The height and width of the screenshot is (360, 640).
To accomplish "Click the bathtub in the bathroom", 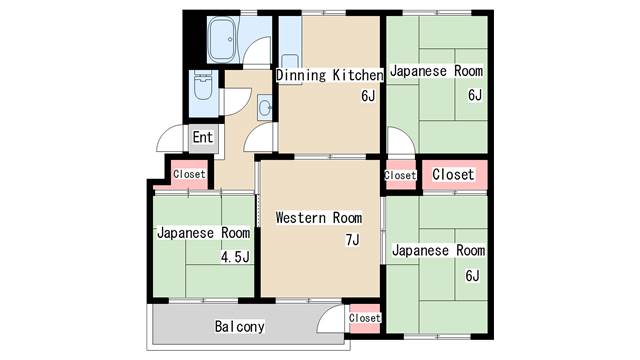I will point(221,39).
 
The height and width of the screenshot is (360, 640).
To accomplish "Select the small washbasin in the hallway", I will point(265,106).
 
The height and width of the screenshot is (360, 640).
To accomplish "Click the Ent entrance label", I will point(202,137).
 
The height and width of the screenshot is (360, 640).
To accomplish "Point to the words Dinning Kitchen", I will point(329,75).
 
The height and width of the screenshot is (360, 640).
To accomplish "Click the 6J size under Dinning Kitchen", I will point(367,97).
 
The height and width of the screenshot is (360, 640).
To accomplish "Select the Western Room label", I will point(318,217).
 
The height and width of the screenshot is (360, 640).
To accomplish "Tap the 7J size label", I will point(351,239).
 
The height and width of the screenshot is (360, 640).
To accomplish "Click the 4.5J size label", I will point(235,257).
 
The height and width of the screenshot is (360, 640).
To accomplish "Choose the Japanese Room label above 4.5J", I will point(203,233).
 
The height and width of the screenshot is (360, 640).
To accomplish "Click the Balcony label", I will point(239,327).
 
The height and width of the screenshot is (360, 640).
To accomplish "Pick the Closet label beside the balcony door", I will point(365,318).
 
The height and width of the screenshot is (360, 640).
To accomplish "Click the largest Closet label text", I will point(453,174).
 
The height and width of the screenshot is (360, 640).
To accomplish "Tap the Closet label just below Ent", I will point(189,174).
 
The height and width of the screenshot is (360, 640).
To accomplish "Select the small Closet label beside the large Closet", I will point(400,175).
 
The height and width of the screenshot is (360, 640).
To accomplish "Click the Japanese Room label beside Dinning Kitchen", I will point(436,72).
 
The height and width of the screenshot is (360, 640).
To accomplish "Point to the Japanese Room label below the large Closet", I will point(438,250).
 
